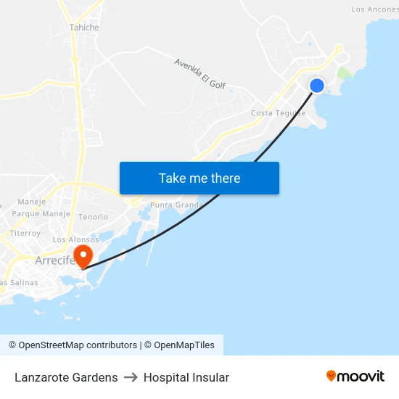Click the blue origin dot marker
point(317,86)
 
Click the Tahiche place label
point(84,28)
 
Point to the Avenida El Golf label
point(199,74)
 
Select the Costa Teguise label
point(278,113)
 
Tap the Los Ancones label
point(374,9)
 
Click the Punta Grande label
point(177,205)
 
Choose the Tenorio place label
point(93,217)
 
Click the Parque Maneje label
point(41,214)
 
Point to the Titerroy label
point(25,234)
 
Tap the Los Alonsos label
point(76,240)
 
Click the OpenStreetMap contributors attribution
point(78,345)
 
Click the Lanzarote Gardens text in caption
point(66,377)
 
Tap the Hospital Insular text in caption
point(186,377)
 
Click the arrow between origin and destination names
point(131,377)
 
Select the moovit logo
point(355,377)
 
